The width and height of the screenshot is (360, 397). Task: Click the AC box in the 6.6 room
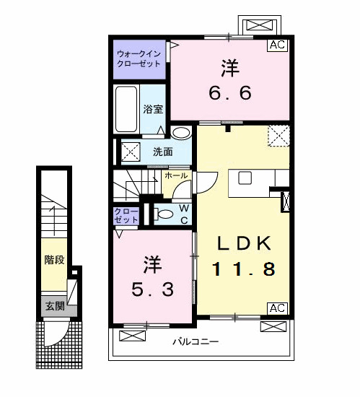tap(277, 45)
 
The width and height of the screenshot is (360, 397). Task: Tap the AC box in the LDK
tap(277, 308)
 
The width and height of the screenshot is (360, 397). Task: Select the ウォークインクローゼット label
tap(140, 57)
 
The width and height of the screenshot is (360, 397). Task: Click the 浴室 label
tap(153, 110)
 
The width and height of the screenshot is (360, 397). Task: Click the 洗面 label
tap(162, 152)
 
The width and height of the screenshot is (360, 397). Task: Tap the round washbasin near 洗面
tap(180, 133)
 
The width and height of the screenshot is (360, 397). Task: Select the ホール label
tap(177, 175)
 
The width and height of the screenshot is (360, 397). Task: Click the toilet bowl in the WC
tap(163, 213)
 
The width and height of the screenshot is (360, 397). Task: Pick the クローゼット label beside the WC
tap(127, 214)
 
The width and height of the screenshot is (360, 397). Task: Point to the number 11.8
tap(243, 270)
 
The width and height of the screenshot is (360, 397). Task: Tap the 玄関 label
tap(55, 306)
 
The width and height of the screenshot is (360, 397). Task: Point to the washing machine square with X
tap(130, 152)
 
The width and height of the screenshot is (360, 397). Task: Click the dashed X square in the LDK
tap(278, 136)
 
